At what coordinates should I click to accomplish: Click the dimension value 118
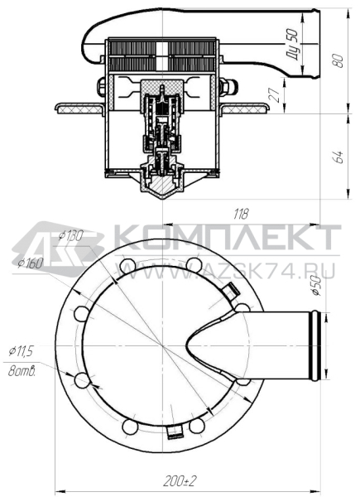tap(241, 215)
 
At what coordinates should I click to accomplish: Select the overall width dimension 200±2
tap(180, 482)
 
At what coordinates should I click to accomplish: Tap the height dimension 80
tap(338, 60)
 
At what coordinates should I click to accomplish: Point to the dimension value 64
tap(338, 157)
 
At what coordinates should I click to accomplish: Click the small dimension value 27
tap(275, 94)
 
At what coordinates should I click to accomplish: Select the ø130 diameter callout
tap(71, 235)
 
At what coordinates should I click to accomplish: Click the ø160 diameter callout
tap(31, 263)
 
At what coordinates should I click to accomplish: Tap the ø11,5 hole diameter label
tap(22, 352)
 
